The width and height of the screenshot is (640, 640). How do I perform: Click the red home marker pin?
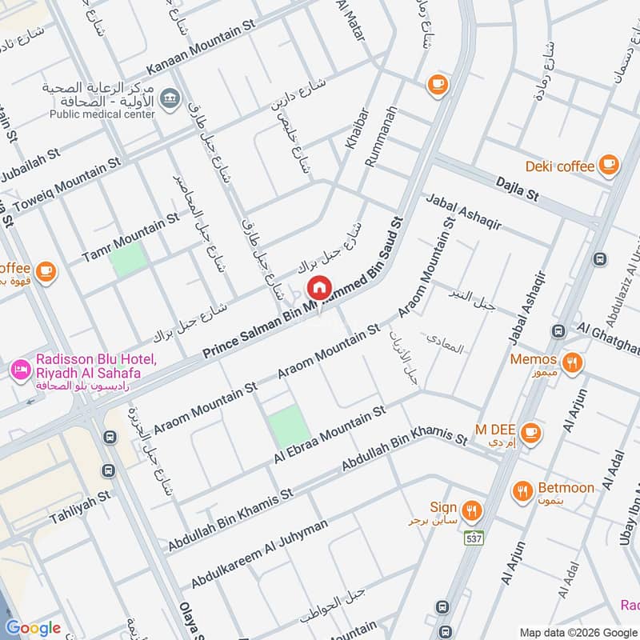(318, 286)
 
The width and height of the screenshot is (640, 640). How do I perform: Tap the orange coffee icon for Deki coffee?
(609, 165)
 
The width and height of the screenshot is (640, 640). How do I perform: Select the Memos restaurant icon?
(571, 360)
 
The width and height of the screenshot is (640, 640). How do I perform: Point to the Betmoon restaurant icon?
(522, 490)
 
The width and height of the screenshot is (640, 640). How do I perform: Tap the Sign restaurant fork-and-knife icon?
(473, 509)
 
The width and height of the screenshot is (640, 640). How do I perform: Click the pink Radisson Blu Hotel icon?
(19, 370)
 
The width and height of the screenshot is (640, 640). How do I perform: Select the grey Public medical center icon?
(169, 99)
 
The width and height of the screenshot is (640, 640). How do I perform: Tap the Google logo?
(33, 627)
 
